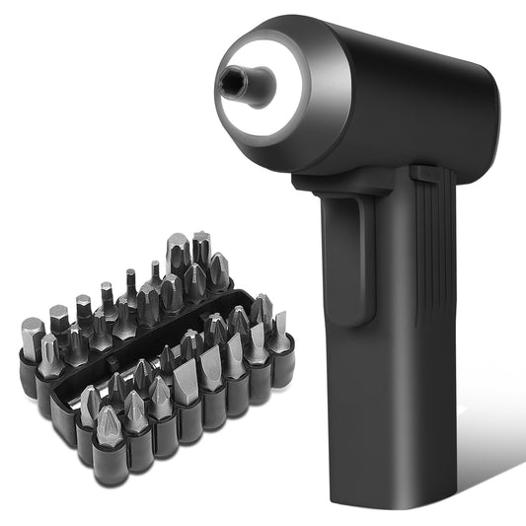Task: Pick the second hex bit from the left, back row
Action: (58, 321)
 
